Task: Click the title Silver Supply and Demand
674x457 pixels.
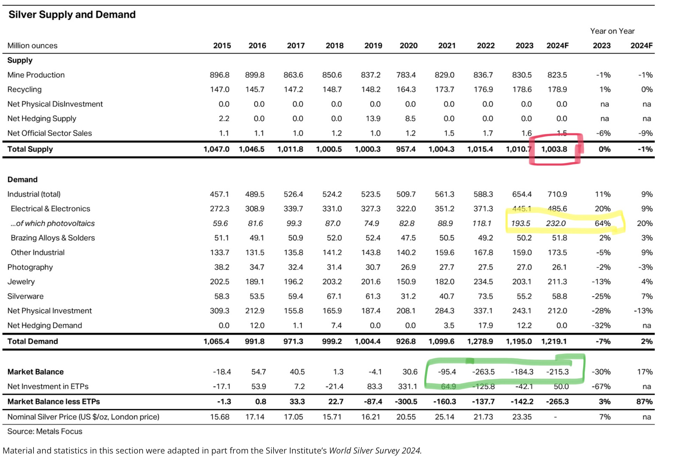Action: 72,15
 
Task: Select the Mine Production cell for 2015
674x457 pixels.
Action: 219,75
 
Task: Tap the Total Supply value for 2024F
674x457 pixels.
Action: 554,149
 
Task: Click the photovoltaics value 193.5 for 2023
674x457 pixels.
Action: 521,223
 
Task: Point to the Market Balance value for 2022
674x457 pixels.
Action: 483,372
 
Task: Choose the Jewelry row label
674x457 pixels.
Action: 21,282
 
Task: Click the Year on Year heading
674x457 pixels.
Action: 612,31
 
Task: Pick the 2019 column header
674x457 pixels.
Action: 373,46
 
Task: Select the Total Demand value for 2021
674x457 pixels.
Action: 441,341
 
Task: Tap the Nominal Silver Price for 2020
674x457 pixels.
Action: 406,417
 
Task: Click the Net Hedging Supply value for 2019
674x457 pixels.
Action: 373,119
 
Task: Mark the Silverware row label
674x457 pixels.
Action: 25,296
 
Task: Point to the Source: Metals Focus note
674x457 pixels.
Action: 45,432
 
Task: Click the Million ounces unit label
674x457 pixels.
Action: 32,46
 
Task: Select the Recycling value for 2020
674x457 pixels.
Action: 406,90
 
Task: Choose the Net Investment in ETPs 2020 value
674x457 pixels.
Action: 407,387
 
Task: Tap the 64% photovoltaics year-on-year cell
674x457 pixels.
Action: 602,223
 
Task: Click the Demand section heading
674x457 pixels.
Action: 22,180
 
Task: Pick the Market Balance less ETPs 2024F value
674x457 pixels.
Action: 557,402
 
